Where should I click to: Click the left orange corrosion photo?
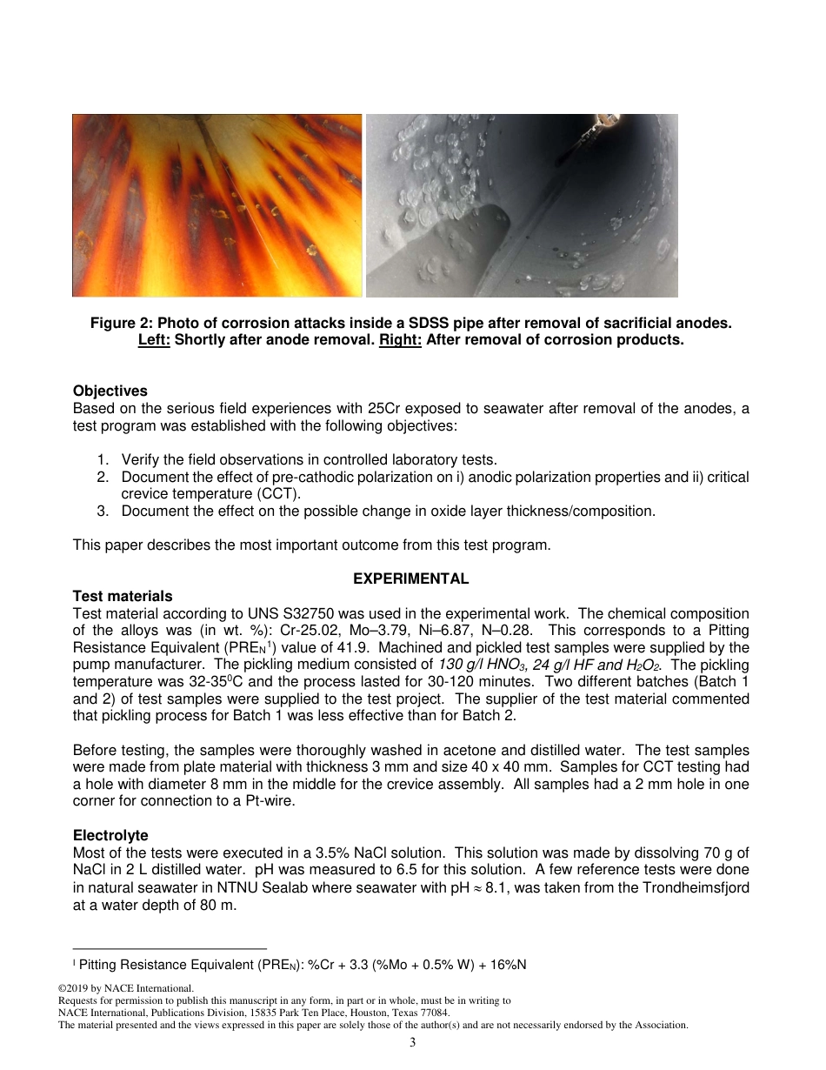point(216,205)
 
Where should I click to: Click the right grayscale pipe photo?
point(522,205)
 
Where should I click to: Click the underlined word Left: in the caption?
point(154,340)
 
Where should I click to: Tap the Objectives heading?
point(110,391)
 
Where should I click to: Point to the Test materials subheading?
point(123,596)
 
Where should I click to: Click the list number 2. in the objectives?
point(103,478)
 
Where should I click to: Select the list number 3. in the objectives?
point(103,512)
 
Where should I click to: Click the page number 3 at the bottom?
point(412,1043)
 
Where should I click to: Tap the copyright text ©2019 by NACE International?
point(124,988)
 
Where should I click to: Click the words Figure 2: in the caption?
point(119,324)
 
